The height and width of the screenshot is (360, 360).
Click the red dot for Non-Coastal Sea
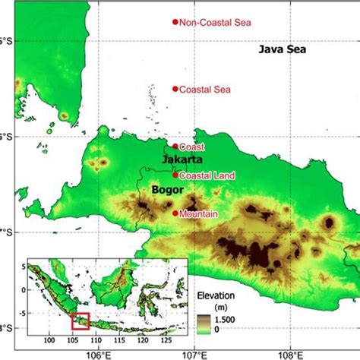tap(175, 22)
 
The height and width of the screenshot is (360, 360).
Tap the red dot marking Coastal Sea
tap(175, 89)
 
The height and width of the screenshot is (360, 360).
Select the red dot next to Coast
tap(175, 147)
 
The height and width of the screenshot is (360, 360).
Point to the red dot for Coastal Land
tap(175, 175)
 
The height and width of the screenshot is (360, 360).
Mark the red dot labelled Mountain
tap(175, 213)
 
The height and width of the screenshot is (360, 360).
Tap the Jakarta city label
tap(182, 161)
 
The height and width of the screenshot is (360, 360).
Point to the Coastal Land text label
tap(208, 175)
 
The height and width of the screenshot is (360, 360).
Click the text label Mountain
tap(199, 214)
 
